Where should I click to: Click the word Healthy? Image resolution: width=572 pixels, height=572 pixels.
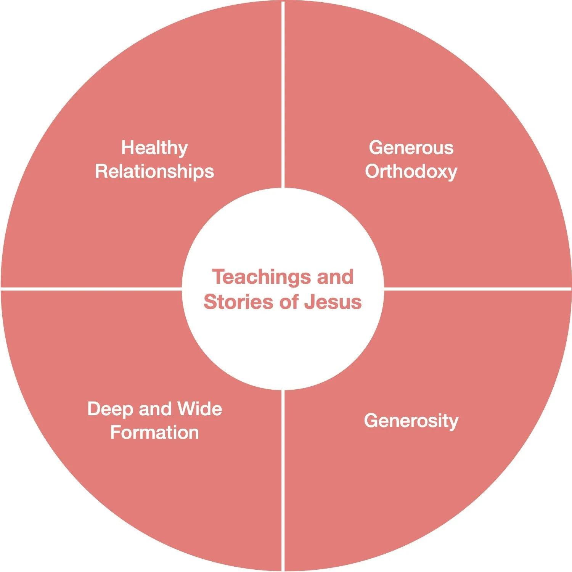point(154,148)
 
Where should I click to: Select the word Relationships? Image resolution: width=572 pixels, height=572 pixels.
point(154,172)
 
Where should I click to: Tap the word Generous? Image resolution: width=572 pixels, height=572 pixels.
point(411,148)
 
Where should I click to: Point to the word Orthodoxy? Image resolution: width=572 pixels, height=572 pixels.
point(411,172)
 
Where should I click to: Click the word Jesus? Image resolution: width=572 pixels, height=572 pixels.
point(333,302)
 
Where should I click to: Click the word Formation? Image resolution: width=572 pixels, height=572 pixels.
point(154,433)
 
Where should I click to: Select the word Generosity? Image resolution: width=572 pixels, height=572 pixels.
point(411,421)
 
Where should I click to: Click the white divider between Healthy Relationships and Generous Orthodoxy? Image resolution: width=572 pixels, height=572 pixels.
point(283,95)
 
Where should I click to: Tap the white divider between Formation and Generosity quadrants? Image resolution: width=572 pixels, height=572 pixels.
point(283,480)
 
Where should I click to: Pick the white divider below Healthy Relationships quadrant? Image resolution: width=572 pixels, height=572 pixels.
point(92,289)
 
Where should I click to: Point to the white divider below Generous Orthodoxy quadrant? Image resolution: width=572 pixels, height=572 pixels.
point(477,289)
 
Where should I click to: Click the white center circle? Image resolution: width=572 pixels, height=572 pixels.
point(283,343)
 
